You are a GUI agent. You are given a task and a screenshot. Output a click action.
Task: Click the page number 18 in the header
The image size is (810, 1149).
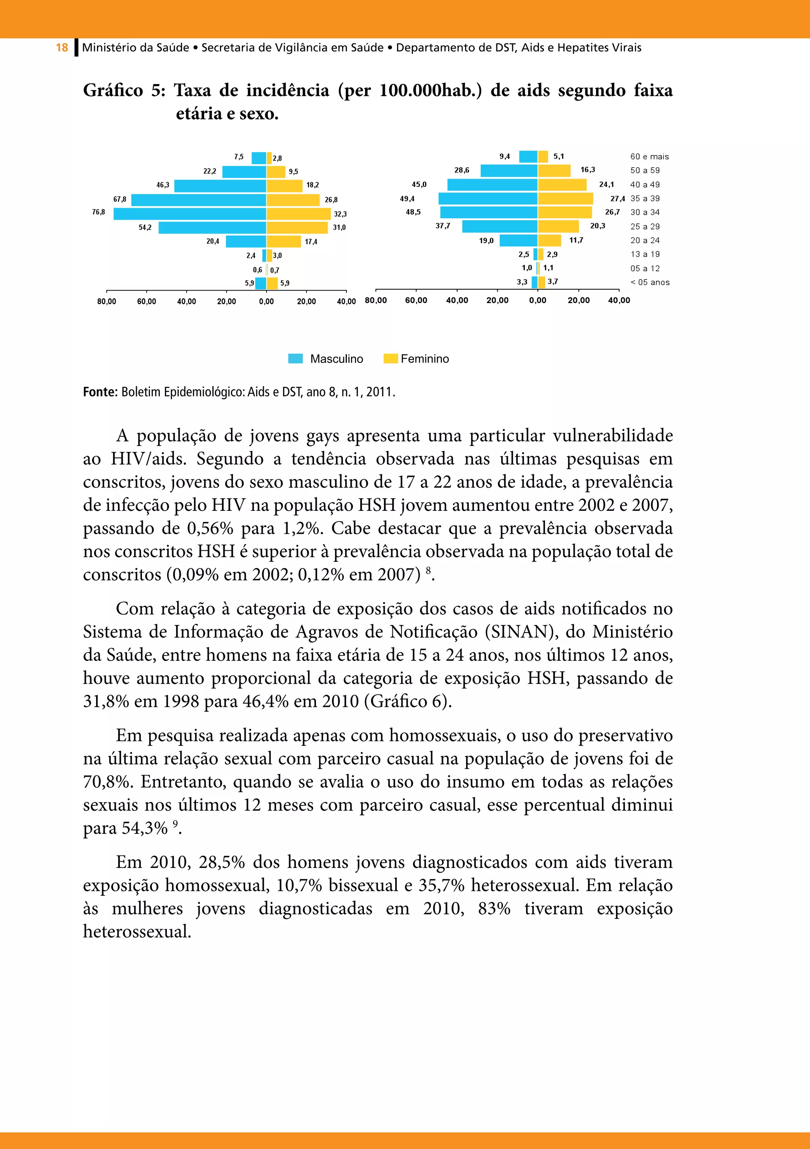point(62,47)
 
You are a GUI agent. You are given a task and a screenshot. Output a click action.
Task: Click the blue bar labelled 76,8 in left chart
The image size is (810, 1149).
point(190,214)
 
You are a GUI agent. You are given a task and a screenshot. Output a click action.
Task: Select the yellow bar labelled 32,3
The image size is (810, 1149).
point(298,214)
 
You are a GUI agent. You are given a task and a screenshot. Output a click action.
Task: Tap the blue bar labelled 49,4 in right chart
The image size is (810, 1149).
point(488,198)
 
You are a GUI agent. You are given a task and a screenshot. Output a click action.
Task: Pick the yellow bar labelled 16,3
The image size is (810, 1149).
point(554,171)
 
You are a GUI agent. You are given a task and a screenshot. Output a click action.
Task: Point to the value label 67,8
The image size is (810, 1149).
point(120,199)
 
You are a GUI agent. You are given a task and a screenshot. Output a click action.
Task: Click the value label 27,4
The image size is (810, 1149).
point(617,198)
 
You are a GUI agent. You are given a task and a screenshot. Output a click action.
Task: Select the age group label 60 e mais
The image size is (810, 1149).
point(649,157)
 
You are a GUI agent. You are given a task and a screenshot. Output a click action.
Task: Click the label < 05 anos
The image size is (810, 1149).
point(650,282)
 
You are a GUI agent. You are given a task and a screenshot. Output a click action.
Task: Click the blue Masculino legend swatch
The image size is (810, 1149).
point(295,358)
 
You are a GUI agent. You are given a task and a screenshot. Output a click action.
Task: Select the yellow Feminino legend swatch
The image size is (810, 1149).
point(390,358)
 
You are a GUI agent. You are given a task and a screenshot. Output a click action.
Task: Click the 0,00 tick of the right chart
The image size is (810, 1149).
point(537,300)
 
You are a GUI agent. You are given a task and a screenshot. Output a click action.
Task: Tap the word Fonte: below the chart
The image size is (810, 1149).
point(100,392)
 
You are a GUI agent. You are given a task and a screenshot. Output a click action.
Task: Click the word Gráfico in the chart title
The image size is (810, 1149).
point(113,91)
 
